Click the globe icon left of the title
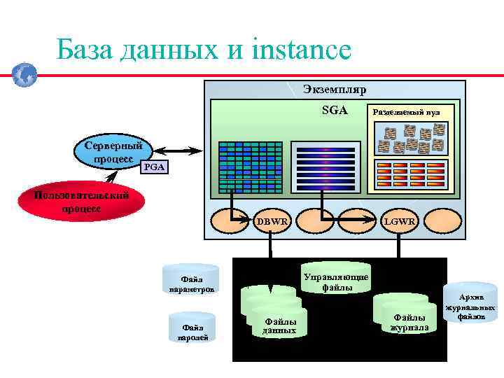tap(24, 74)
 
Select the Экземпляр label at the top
tap(335, 90)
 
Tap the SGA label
tap(335, 110)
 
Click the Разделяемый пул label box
tap(406, 111)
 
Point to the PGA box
tap(153, 167)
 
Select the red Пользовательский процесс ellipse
tap(83, 202)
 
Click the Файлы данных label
tap(280, 325)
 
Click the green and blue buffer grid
tap(250, 167)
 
